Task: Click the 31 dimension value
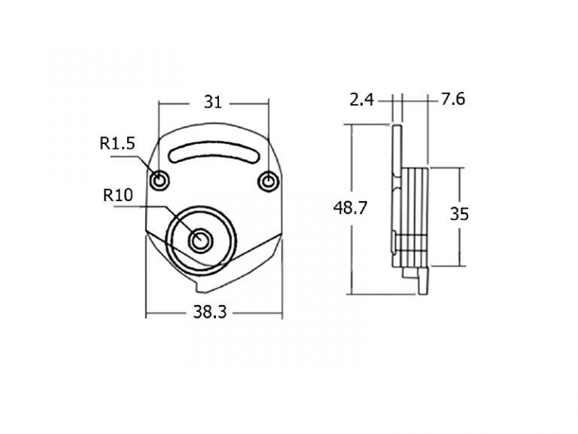coord(213,102)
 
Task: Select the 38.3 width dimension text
coord(210,312)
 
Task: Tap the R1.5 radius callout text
coord(117,143)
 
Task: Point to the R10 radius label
coord(118,195)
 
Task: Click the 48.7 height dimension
coord(350,208)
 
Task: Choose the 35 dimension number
coord(459,214)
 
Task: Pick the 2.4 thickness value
coord(361,99)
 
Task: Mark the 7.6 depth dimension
coord(453,99)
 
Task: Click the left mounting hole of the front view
coord(160,181)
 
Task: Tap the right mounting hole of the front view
coord(268,182)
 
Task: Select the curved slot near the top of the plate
coord(214,151)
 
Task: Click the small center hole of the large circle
coord(200,240)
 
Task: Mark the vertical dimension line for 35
coord(460,217)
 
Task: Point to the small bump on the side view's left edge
coord(394,241)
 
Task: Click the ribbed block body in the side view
coord(415,217)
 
